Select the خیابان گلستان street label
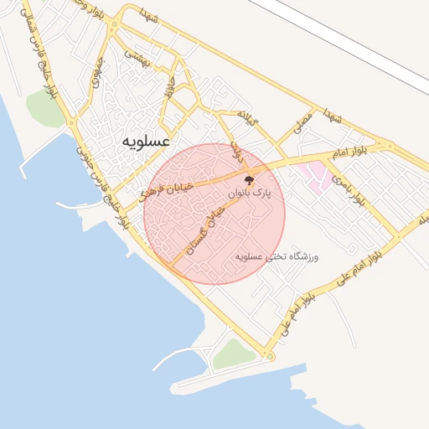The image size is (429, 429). coord(205,230)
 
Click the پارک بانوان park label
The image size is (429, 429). coord(251,194)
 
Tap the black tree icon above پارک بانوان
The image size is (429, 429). coord(249,179)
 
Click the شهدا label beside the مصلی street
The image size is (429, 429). coord(334,115)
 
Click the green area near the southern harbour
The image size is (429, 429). coord(235,354)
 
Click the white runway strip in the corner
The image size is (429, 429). coord(352,42)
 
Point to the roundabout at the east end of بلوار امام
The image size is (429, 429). coord(386,146)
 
